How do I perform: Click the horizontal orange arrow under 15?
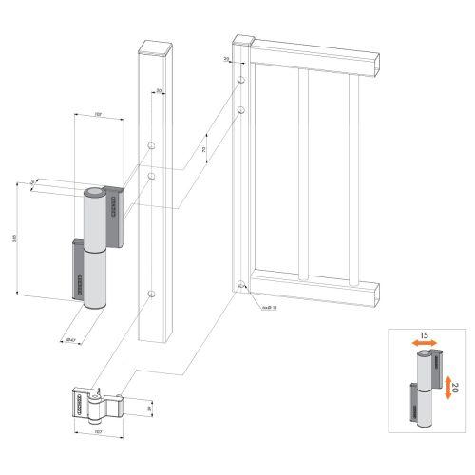(x=427, y=347)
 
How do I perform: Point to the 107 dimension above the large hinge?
(x=98, y=115)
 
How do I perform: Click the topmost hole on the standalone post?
(x=152, y=146)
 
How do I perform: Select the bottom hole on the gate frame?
(x=244, y=286)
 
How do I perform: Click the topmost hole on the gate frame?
(x=243, y=80)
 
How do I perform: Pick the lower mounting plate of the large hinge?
(x=77, y=268)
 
